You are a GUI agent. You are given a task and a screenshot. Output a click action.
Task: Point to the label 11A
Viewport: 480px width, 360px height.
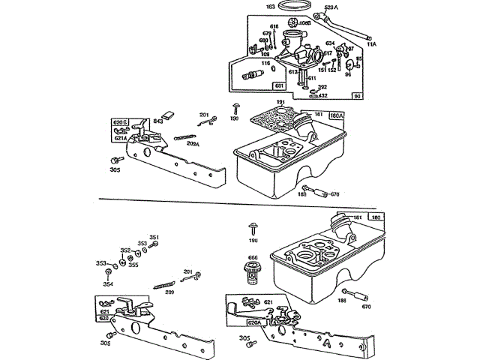[x=372, y=44]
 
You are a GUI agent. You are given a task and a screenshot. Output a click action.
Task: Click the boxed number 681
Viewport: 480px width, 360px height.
[x=257, y=88]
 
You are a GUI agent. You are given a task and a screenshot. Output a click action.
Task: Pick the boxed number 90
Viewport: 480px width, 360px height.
[x=357, y=96]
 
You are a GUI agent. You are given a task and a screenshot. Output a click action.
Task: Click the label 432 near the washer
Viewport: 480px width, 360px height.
[x=322, y=96]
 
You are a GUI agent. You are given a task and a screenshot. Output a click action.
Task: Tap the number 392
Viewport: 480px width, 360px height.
[x=322, y=87]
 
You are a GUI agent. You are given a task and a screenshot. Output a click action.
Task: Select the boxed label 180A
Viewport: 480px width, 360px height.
[x=336, y=115]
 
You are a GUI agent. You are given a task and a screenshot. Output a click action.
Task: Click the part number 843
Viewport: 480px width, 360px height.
[x=158, y=121]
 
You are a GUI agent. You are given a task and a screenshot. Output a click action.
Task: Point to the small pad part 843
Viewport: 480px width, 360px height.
[x=168, y=115]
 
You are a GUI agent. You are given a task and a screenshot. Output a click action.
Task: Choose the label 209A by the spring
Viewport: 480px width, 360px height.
[x=193, y=143]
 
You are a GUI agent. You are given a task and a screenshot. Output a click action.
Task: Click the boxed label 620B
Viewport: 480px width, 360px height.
[x=120, y=121]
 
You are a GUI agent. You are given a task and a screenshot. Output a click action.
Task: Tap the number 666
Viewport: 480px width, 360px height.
[x=253, y=259]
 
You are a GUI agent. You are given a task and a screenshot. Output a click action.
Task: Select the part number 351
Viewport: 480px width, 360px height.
[x=154, y=238]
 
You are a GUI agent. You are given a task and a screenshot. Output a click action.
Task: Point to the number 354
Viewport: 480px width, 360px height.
[x=108, y=284]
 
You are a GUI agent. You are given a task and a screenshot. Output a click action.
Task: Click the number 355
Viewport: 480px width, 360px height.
[x=133, y=265]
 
